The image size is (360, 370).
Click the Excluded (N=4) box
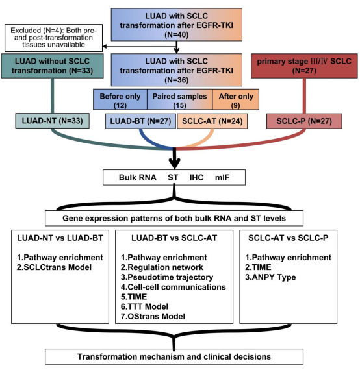tap(54, 38)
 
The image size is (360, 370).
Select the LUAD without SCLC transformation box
tap(52, 66)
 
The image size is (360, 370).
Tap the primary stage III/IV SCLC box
tap(304, 66)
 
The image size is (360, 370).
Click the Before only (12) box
tap(120, 99)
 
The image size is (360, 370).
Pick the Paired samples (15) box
tap(180, 99)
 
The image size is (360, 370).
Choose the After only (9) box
tap(236, 99)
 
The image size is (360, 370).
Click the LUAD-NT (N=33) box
tap(52, 121)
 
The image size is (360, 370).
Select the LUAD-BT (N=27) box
tap(140, 121)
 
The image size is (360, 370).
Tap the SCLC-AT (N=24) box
tap(212, 121)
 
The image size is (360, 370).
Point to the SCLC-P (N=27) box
tap(304, 121)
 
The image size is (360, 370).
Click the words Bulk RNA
tap(138, 177)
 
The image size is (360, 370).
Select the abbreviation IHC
tap(196, 177)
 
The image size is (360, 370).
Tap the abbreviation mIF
tap(222, 177)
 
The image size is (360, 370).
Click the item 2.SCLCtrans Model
tap(54, 267)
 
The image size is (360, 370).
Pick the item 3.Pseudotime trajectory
tap(167, 277)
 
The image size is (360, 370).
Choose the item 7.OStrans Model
tap(153, 316)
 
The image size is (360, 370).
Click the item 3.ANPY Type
tap(270, 277)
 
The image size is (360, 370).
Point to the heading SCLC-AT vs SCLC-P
tap(288, 238)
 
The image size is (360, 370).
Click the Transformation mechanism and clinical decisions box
tap(174, 356)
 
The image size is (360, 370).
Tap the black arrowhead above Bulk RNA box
tap(175, 164)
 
